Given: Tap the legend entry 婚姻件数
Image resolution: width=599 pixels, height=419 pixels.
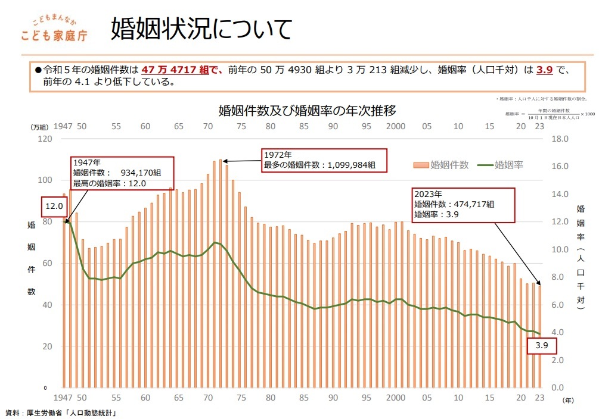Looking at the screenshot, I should (x=443, y=164).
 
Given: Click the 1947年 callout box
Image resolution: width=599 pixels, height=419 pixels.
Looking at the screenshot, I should (x=122, y=173).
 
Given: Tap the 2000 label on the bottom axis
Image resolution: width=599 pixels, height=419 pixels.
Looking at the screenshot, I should (x=395, y=398).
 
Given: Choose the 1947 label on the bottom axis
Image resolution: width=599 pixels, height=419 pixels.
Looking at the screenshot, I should (x=63, y=398).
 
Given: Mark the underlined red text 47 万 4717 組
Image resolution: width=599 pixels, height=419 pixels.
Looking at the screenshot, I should (x=175, y=70).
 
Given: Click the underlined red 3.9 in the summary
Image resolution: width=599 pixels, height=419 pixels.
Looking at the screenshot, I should (x=544, y=70).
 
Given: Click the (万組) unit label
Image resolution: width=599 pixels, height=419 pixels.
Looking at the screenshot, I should (x=39, y=127).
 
